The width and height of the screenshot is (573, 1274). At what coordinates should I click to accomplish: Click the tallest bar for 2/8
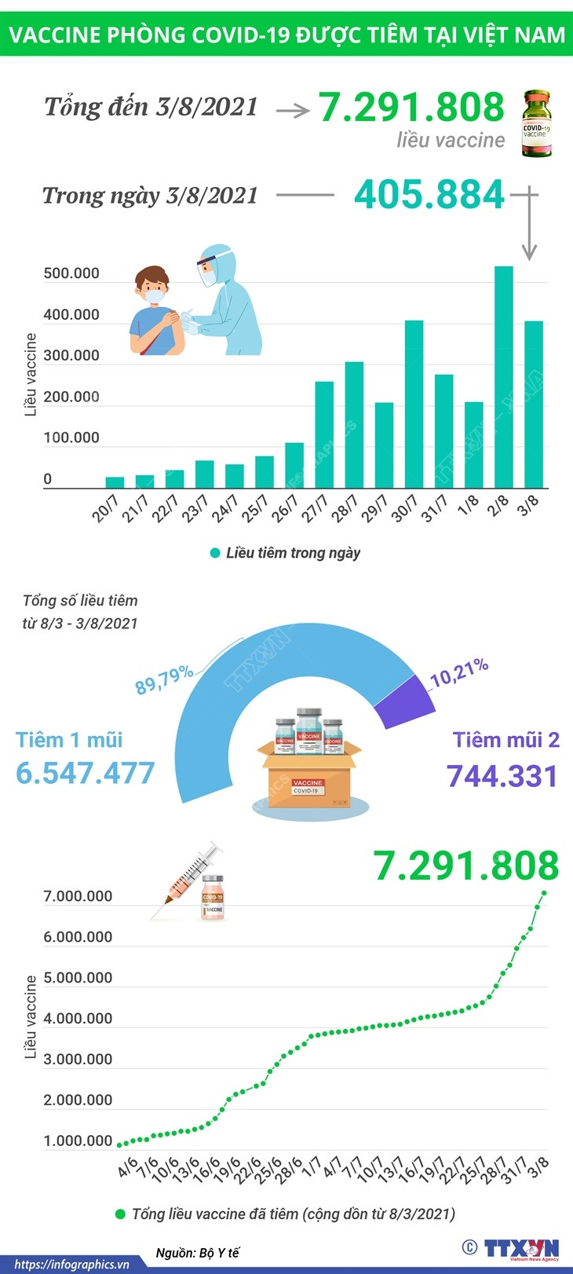coord(503,377)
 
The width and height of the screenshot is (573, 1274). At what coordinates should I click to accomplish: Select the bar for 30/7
coord(414,404)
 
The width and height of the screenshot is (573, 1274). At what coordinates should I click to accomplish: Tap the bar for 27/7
coord(324,434)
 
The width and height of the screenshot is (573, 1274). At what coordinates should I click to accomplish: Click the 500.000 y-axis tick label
coord(71,273)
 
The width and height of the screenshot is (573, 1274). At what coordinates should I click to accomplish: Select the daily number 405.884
coord(429,195)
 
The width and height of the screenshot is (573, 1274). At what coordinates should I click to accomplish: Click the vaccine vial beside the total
coord(537,123)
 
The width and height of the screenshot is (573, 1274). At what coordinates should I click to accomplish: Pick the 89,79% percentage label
coord(163,679)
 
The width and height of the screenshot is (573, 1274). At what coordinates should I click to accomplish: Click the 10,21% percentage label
coord(459,672)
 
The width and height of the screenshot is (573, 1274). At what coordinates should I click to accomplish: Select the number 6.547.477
coord(86,773)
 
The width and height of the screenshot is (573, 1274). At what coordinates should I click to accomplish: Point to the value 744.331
coord(502,776)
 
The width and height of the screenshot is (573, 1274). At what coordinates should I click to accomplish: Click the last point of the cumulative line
coord(543,892)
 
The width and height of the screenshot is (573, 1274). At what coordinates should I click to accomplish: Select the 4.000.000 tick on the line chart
coord(78,1019)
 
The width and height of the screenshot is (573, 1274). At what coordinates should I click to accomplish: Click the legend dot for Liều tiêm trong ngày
coord(215,554)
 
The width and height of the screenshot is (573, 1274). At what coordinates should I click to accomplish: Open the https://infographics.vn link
coord(71,1265)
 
